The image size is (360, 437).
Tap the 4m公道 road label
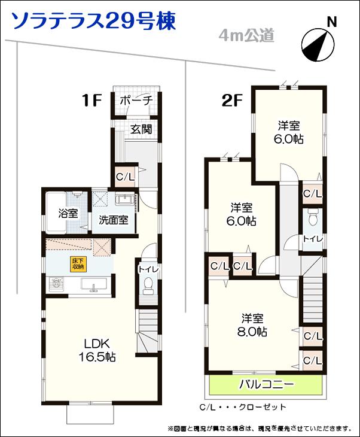[246, 36]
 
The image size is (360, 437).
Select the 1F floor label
[93, 100]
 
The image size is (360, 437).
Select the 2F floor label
[231, 100]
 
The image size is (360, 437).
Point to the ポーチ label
[136, 100]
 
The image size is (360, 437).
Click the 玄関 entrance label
[141, 129]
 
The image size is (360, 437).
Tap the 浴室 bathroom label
[68, 213]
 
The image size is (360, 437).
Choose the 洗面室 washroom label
[114, 219]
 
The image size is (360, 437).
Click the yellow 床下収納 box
[78, 264]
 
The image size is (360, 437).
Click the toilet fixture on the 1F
[147, 289]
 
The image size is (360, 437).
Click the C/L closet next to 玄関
[125, 177]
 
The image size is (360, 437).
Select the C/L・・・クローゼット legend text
[243, 408]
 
